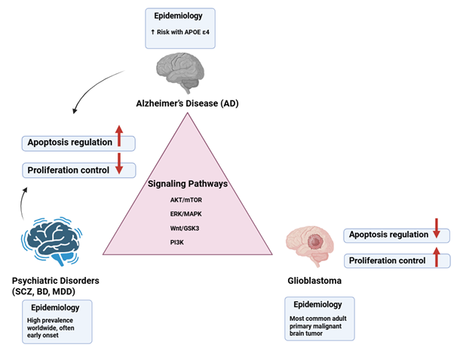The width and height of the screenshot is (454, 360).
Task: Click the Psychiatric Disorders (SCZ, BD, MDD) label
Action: (x=55, y=286)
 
